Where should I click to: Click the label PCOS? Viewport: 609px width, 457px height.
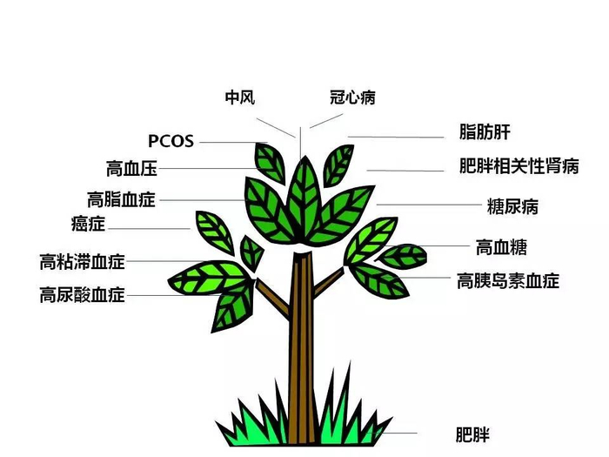[x=170, y=141]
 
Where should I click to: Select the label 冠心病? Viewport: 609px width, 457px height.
[x=352, y=97]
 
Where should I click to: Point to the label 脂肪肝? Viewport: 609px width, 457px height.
[x=484, y=133]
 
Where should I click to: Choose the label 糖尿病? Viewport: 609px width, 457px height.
[x=513, y=206]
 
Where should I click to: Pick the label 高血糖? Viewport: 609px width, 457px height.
[x=501, y=246]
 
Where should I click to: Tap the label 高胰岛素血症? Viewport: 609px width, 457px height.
[x=508, y=280]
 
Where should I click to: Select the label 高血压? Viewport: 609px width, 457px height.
[x=131, y=168]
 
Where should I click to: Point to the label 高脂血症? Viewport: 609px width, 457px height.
[x=121, y=199]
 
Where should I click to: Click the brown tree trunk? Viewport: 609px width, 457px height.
[x=302, y=348]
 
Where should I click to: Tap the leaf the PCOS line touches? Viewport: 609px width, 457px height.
[x=269, y=162]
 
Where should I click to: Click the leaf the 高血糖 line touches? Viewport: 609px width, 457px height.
[x=403, y=256]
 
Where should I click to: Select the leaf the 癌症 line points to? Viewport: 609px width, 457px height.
[x=214, y=232]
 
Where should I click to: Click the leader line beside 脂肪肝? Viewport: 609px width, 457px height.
[x=396, y=137]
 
